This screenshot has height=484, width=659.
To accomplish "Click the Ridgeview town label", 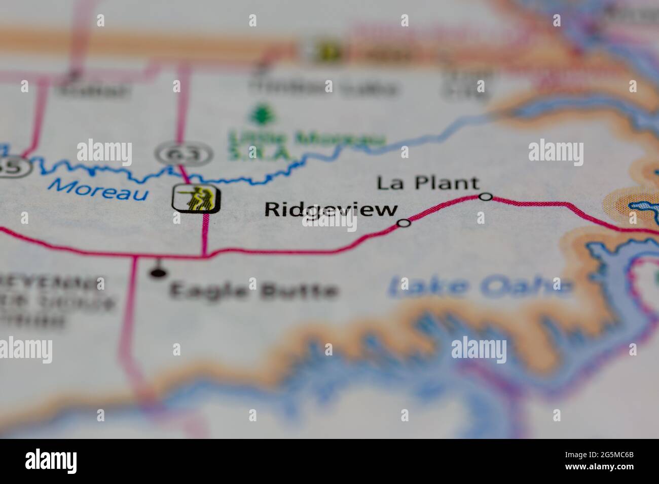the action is tap(331, 210).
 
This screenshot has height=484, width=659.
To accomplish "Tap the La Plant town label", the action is tap(428, 183).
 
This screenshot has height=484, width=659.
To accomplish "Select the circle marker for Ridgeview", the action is tap(404, 223).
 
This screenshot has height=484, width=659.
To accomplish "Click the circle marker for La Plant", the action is tap(486, 196).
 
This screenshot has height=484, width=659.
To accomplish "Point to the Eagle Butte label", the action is tap(253, 291).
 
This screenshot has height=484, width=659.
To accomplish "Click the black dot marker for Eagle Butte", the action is tap(158, 273).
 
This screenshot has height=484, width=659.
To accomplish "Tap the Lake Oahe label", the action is tap(480, 287).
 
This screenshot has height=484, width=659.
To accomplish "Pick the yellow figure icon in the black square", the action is tap(196, 198).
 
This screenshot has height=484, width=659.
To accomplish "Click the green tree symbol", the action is tap(262, 114).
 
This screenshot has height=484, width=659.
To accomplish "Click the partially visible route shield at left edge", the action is tap(15, 166).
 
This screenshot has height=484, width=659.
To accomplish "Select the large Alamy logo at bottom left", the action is tap(51, 461).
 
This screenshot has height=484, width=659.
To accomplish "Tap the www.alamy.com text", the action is tap(606, 468).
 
